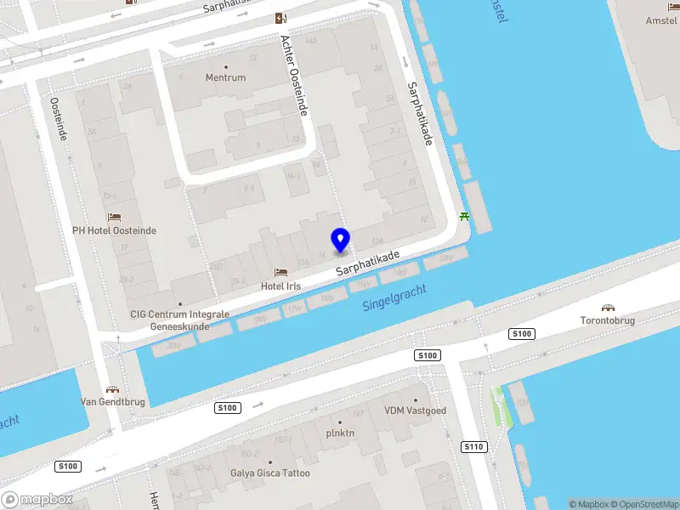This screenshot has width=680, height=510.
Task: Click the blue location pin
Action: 341,241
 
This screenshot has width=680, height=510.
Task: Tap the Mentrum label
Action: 225,77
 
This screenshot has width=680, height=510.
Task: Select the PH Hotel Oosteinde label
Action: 114,230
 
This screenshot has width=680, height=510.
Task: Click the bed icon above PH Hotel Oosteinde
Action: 114,217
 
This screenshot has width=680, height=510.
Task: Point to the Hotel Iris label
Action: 280,286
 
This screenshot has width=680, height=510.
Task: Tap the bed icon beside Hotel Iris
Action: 280,273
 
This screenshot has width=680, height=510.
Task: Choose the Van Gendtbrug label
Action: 112,402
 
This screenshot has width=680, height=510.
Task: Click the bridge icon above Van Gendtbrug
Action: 112,388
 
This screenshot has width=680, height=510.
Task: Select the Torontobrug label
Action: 608,320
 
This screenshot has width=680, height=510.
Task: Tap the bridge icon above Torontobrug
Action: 608,308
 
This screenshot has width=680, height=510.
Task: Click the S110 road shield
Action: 473,446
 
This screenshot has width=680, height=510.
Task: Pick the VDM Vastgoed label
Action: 415,411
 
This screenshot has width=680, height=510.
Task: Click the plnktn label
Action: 340,433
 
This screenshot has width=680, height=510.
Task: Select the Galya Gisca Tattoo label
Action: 270,473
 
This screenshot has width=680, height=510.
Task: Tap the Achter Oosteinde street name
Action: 294,76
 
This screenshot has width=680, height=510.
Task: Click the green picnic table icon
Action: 465,216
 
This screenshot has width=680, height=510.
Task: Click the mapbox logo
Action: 37,500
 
